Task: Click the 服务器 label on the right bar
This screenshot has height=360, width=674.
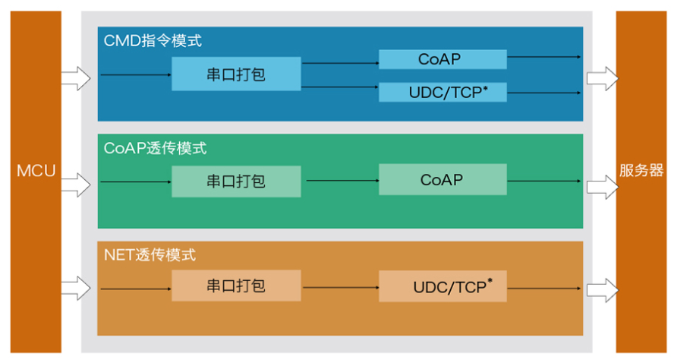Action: [x=641, y=170]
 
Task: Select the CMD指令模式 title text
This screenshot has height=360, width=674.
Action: [x=153, y=41]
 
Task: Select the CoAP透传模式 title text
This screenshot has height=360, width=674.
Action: [x=155, y=148]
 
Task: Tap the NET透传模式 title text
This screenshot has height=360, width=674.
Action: [x=150, y=255]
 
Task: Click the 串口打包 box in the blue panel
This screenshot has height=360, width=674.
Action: [x=236, y=74]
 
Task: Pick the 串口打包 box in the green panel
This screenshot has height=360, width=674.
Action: [x=236, y=181]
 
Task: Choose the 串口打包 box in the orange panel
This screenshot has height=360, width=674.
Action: [x=236, y=287]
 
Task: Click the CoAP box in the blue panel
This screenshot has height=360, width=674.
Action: [x=442, y=59]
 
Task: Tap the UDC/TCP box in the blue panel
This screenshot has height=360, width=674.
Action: [x=442, y=93]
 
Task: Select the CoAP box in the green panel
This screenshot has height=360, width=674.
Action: [x=442, y=181]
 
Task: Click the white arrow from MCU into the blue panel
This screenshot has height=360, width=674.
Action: [x=75, y=76]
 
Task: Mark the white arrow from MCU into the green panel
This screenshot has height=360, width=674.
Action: [x=75, y=183]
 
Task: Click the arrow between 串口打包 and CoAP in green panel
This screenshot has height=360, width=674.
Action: [x=341, y=181]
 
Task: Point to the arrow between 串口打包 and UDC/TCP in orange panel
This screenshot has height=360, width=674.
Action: [x=341, y=288]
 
